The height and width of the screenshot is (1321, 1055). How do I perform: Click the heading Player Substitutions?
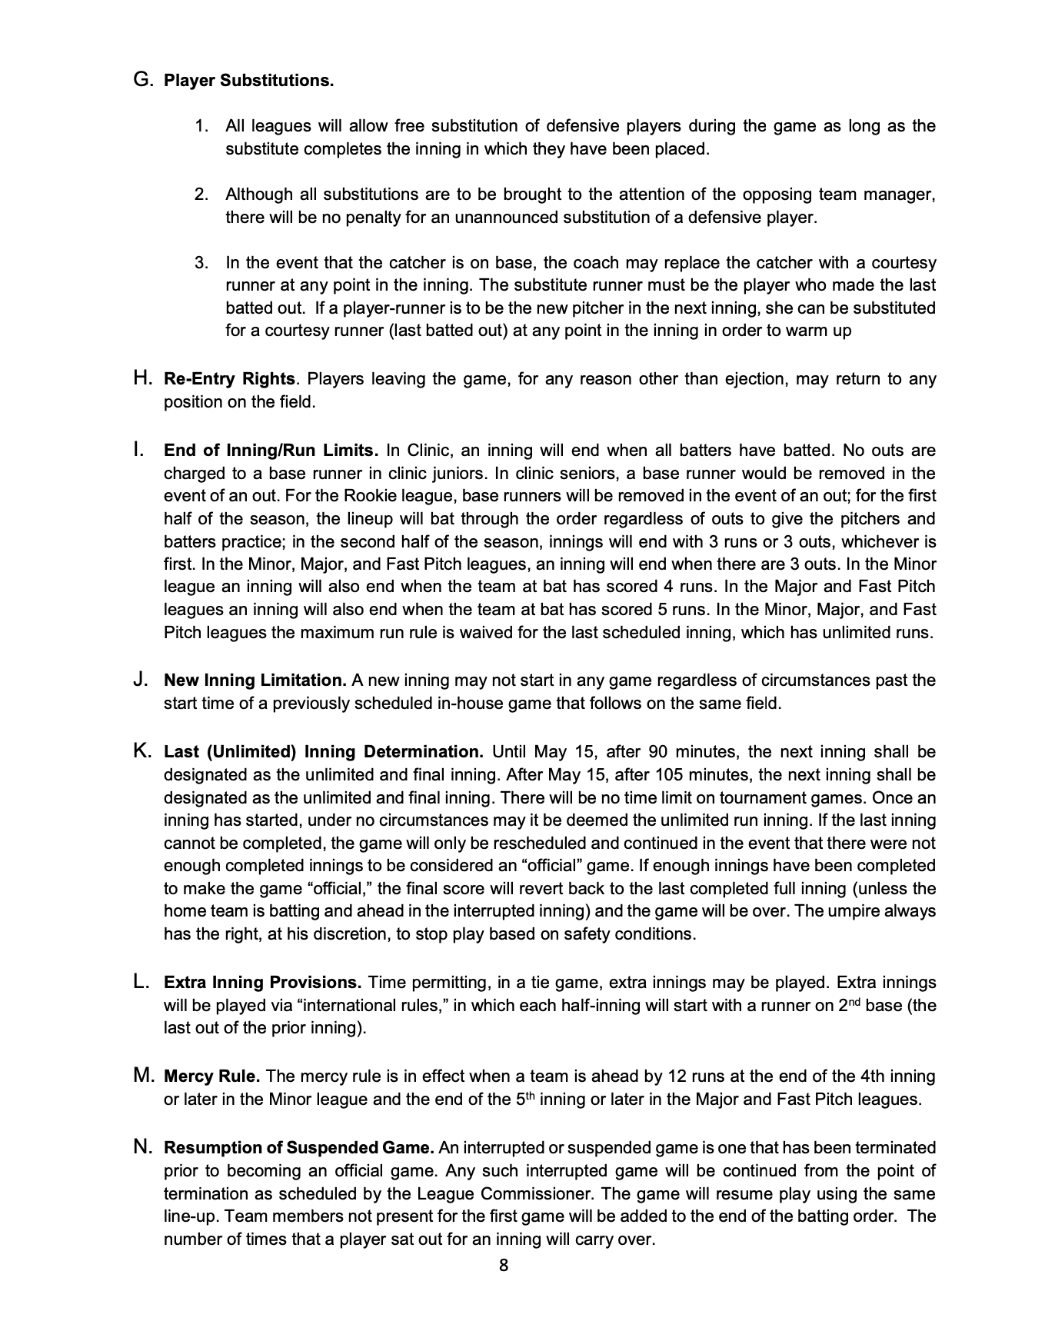(x=249, y=81)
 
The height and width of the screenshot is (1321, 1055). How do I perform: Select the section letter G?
(x=142, y=80)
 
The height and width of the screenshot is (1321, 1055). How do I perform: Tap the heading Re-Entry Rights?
(x=229, y=379)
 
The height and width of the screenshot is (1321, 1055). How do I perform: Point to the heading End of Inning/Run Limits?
(x=271, y=451)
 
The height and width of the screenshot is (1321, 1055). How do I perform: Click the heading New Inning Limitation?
(x=255, y=680)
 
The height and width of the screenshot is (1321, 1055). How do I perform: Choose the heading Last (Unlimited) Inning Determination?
(x=324, y=752)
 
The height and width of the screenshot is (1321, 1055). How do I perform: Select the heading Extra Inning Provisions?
(x=262, y=983)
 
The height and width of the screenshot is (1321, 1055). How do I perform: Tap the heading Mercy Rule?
(x=212, y=1076)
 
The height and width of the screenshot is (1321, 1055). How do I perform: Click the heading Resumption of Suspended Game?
(x=299, y=1148)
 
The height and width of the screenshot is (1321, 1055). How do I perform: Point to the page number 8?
(x=504, y=1266)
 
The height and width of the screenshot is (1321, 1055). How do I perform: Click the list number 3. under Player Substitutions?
(x=201, y=263)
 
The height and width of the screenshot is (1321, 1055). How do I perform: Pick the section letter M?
(x=144, y=1076)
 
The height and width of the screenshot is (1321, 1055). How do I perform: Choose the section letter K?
(x=142, y=751)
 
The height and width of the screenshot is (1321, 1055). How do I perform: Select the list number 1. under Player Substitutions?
(x=201, y=126)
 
